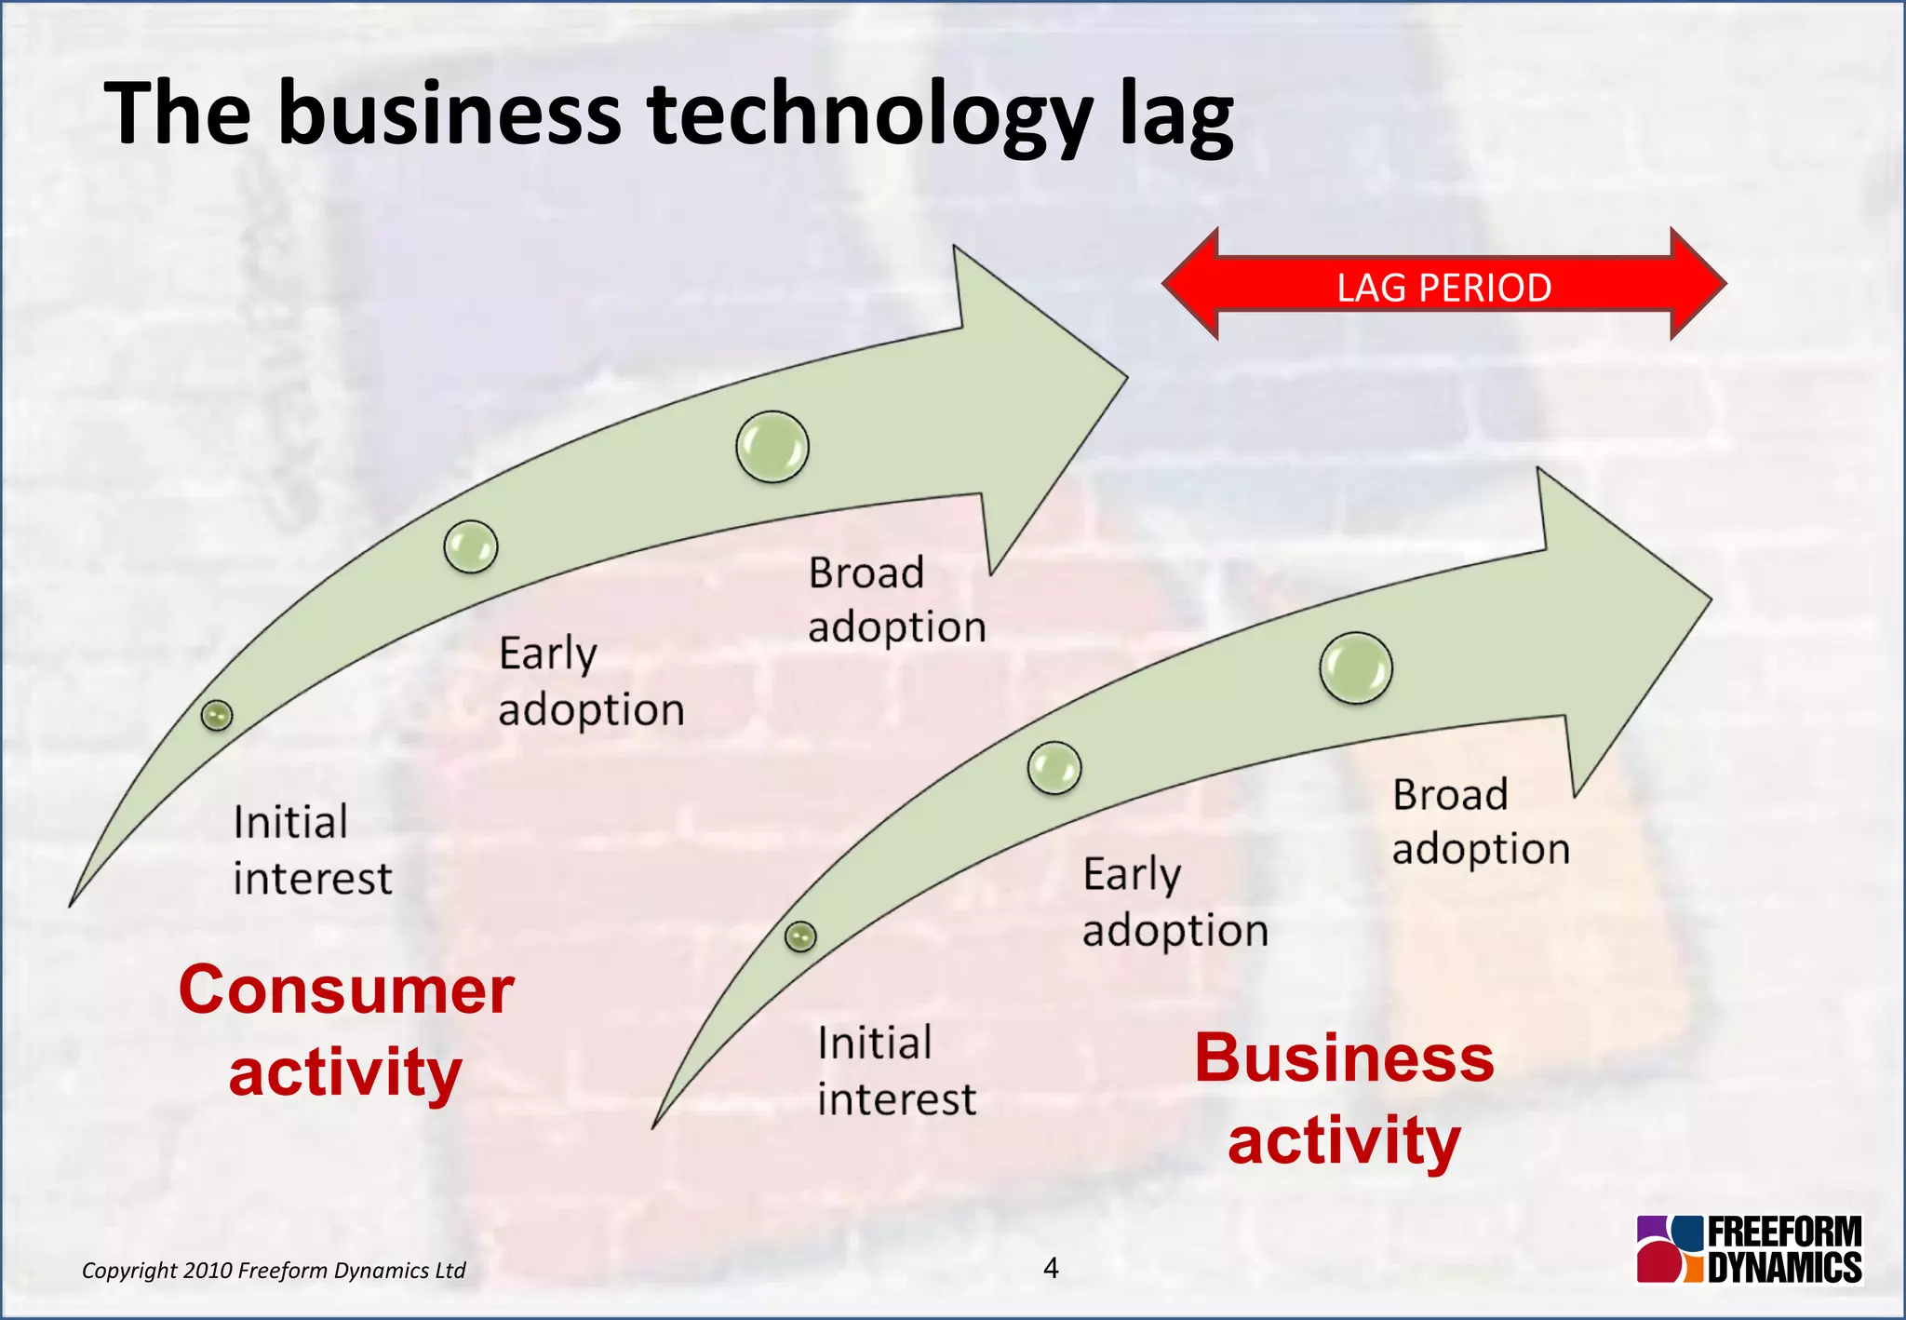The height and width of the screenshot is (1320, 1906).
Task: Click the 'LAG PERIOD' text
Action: click(x=1443, y=288)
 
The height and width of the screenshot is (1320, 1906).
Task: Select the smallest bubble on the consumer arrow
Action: click(x=217, y=715)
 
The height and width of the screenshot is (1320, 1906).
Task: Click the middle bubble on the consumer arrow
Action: click(x=471, y=546)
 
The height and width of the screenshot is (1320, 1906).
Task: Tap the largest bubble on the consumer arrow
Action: click(x=772, y=447)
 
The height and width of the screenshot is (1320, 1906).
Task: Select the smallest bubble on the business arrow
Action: click(x=800, y=936)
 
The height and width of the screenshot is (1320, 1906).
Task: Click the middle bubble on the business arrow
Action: click(x=1054, y=768)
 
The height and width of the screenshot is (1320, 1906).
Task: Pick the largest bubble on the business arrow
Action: click(x=1356, y=668)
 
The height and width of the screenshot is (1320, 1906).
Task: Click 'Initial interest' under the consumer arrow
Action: click(x=312, y=850)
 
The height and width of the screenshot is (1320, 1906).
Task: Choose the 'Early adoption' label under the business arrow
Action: click(x=1174, y=901)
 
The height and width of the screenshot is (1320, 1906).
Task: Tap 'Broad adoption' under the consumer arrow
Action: click(x=896, y=599)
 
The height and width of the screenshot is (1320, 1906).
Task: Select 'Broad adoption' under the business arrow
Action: click(x=1480, y=821)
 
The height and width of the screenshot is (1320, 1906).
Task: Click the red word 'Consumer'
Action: click(x=346, y=990)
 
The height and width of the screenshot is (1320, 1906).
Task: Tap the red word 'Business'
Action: click(x=1344, y=1058)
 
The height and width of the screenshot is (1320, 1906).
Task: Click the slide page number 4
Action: click(x=1051, y=1268)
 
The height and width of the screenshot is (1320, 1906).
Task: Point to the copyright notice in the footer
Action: click(x=274, y=1271)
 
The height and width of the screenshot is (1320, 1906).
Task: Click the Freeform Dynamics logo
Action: click(x=1749, y=1249)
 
